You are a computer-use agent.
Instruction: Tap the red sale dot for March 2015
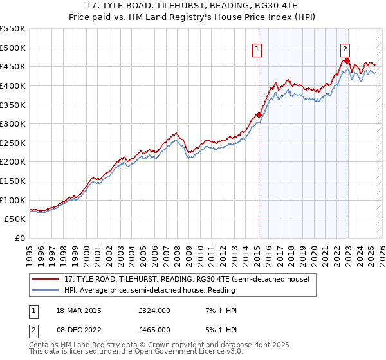pyautogui.click(x=259, y=115)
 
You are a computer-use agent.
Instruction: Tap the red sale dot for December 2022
pyautogui.click(x=347, y=61)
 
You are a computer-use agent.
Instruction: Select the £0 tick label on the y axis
pyautogui.click(x=19, y=238)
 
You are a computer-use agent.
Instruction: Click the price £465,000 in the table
pyautogui.click(x=154, y=330)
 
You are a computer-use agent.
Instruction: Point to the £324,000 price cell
pyautogui.click(x=154, y=310)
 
